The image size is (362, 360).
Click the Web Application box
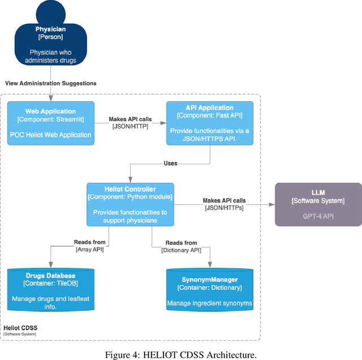pos(50,123)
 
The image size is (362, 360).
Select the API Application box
pos(209,123)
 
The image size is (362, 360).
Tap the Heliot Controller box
pos(130,204)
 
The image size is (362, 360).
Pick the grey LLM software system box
pos(318,204)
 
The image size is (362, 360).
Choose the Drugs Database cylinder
pos(50,290)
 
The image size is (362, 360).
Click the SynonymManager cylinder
pos(209,290)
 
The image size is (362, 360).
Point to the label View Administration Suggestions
pos(50,83)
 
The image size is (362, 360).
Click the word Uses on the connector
pos(170,164)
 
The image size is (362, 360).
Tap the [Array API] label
pos(90,250)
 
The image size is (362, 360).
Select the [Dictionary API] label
pos(181,250)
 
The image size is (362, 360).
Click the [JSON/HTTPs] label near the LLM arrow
pos(224,208)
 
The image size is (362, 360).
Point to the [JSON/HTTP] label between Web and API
pos(130,127)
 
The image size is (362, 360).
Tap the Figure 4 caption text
pos(180,354)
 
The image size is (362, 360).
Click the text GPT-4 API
pos(318,216)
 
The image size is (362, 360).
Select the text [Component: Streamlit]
pos(50,119)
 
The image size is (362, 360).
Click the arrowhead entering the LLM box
pos(271,204)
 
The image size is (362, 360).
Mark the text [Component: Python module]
pos(130,197)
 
